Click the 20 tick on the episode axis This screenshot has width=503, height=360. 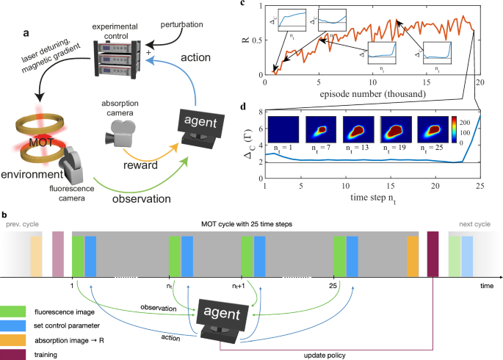(x=481, y=83)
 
